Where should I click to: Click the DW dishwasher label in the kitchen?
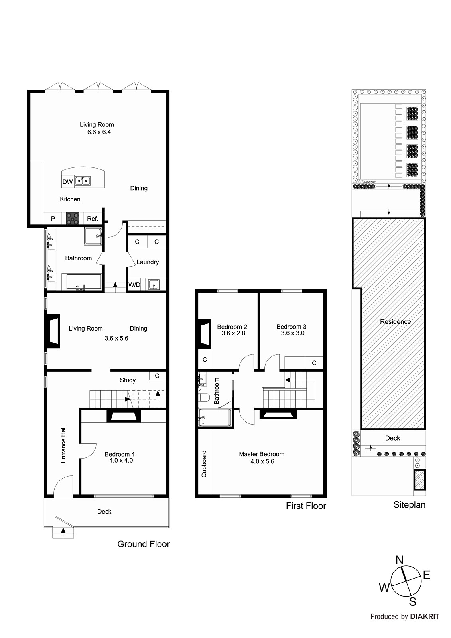coord(67,182)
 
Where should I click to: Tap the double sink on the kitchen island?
coord(83,181)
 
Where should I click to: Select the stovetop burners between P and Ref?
coord(73,219)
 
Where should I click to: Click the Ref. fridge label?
coord(93,219)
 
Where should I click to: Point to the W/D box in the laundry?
coord(134,285)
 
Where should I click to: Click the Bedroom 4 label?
coord(120,454)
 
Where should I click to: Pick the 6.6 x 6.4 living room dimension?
coord(99,132)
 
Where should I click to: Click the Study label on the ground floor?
coord(128,380)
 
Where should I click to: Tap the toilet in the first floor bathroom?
coord(204,397)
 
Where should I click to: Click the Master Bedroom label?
coord(262,454)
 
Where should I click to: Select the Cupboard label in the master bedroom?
coord(204,464)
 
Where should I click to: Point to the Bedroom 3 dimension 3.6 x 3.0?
coord(292,333)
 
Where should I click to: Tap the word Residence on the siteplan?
coord(395,321)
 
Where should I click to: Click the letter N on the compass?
coord(399,560)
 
